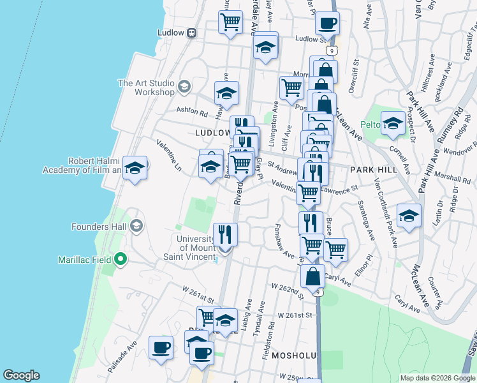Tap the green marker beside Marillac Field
[119, 259]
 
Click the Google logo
[21, 375]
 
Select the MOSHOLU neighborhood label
[295, 354]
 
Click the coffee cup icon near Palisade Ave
[161, 348]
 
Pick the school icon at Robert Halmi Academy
[134, 168]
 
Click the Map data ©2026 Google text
[437, 378]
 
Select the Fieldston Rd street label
[272, 333]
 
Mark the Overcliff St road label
[358, 75]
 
